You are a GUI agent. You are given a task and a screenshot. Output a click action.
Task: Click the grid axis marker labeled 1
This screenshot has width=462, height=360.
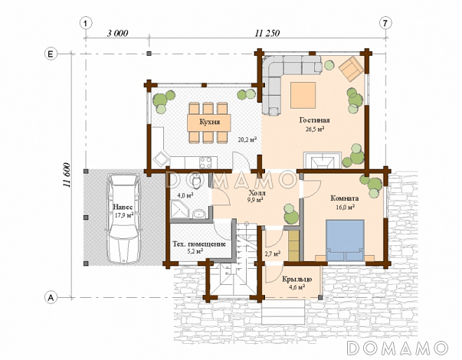pos(86,23)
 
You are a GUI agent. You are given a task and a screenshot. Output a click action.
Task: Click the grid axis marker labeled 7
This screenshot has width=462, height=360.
pos(385,23)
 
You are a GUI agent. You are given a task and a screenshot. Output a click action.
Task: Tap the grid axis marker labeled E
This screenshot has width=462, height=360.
pos(51,54)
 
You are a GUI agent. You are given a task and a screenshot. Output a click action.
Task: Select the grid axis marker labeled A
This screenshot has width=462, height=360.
pos(51,297)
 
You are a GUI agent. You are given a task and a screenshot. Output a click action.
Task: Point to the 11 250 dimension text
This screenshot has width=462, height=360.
pos(267,33)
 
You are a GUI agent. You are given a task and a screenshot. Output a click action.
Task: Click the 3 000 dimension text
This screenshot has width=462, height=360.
pos(117,33)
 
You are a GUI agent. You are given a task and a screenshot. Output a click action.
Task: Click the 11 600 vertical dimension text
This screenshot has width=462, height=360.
pos(67,175)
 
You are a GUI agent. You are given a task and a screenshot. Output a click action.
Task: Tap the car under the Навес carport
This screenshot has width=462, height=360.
pos(123,218)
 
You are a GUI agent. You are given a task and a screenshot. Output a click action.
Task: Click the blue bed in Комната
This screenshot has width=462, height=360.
pos(345,240)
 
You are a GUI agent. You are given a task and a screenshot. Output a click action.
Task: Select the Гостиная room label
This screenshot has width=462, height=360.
pos(314,120)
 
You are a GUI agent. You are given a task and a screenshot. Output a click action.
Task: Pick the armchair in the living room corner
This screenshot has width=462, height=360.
pos(351,69)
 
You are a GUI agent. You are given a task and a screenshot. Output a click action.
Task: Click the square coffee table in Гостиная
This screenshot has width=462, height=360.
pos(303,96)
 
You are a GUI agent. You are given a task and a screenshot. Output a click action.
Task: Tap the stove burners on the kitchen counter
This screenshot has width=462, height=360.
pos(205,162)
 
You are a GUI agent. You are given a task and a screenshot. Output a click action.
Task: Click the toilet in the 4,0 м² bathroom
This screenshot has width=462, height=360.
pos(195,181)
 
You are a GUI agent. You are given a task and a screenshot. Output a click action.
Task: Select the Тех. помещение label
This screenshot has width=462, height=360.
pos(199,244)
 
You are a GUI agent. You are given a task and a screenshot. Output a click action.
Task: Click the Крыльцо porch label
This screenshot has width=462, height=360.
pos(297,279)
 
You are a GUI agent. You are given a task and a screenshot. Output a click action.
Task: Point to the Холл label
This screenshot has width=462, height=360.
pos(257,193)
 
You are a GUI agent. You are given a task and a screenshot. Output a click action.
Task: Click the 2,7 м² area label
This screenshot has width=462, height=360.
pos(273,254)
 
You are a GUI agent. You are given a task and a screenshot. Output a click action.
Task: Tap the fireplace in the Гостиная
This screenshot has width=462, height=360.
pos(323,160)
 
